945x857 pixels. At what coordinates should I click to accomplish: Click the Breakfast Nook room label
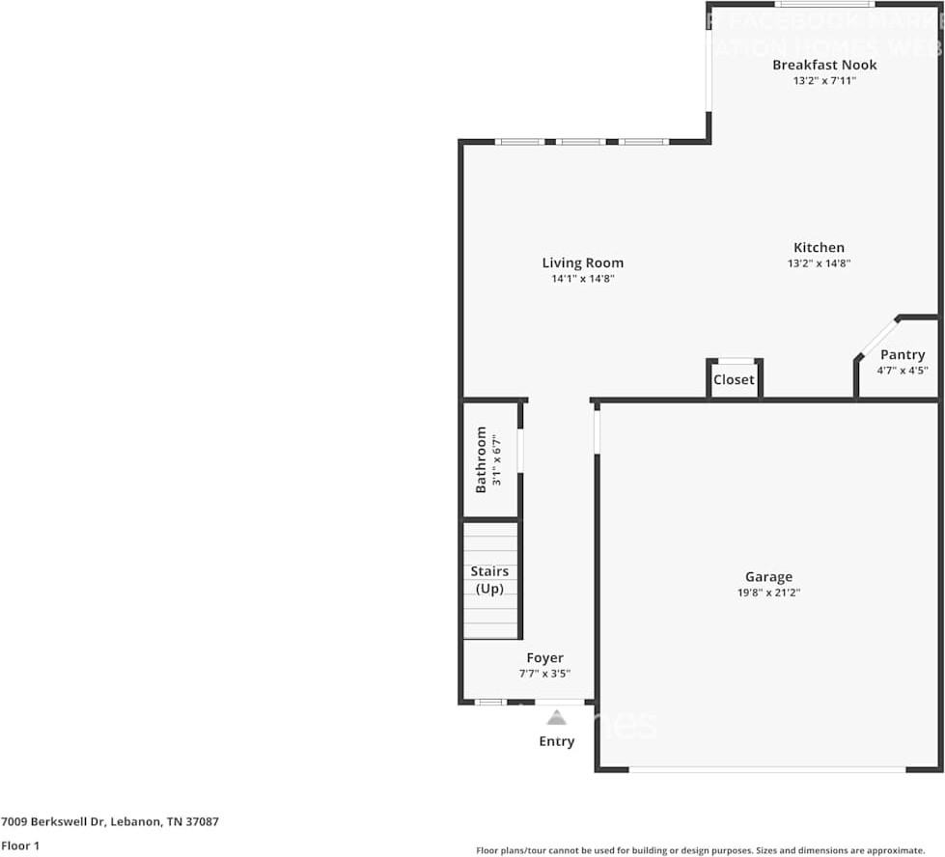point(824,65)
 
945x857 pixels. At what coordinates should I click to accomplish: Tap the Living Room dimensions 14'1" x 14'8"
point(583,279)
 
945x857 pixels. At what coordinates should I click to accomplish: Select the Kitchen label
point(819,247)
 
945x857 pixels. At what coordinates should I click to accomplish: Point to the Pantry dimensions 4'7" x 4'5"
point(903,371)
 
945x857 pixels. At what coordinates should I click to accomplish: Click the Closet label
point(734,379)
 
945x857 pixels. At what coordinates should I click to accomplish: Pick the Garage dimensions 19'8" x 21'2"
point(768,593)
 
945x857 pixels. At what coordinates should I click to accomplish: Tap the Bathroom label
point(481,459)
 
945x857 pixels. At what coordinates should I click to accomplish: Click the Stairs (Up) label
point(490,580)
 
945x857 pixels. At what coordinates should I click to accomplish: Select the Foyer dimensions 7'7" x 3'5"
point(544,674)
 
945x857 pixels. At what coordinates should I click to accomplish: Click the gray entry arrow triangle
point(556,717)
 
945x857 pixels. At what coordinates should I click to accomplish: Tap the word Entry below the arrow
point(556,741)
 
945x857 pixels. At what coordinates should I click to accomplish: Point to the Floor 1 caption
point(20,845)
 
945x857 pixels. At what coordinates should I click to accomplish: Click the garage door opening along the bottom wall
point(767,769)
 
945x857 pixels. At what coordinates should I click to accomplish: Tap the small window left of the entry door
point(490,702)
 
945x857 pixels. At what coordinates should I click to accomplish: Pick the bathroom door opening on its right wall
point(520,451)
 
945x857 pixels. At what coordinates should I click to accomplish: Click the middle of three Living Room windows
point(581,142)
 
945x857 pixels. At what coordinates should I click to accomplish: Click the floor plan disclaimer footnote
point(708,850)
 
